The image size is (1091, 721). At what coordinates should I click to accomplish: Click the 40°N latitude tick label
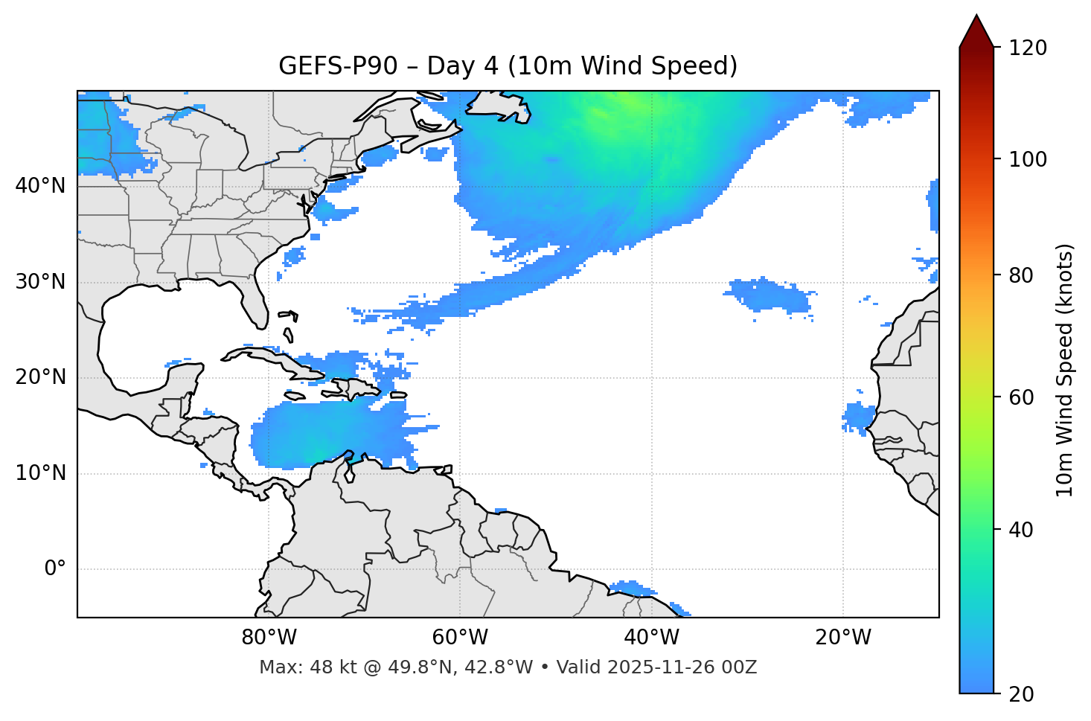tap(40, 186)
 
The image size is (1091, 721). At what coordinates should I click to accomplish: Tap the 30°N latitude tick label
tap(40, 282)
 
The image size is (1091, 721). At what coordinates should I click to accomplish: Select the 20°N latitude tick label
tap(40, 377)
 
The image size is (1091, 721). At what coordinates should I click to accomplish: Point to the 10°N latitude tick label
tap(40, 473)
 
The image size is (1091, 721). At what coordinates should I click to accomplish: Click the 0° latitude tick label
tap(55, 569)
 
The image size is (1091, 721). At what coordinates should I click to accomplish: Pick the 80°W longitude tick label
tap(269, 638)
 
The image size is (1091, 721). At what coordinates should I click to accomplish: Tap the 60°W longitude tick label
tap(460, 638)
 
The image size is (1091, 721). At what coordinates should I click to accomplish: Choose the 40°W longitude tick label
tap(652, 638)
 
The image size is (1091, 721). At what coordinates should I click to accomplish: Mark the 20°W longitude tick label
tap(843, 638)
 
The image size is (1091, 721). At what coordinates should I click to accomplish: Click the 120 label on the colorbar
tap(1028, 48)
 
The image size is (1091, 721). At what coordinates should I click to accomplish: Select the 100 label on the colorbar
tap(1028, 159)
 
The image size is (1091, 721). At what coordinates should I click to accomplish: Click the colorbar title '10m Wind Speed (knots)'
tap(1065, 370)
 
